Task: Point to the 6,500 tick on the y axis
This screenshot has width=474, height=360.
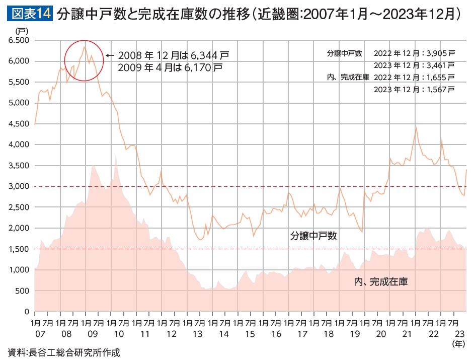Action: click(x=19, y=40)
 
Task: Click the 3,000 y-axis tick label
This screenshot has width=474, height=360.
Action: click(x=19, y=186)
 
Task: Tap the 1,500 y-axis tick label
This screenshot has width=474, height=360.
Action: click(x=19, y=249)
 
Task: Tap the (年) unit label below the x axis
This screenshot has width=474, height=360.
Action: click(x=459, y=344)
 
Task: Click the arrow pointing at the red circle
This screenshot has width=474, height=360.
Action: click(x=110, y=55)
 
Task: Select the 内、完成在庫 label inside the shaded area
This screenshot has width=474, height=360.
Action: click(x=380, y=282)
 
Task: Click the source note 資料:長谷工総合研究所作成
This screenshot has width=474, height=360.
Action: click(x=64, y=352)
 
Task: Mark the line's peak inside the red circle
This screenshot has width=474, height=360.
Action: click(x=85, y=47)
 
